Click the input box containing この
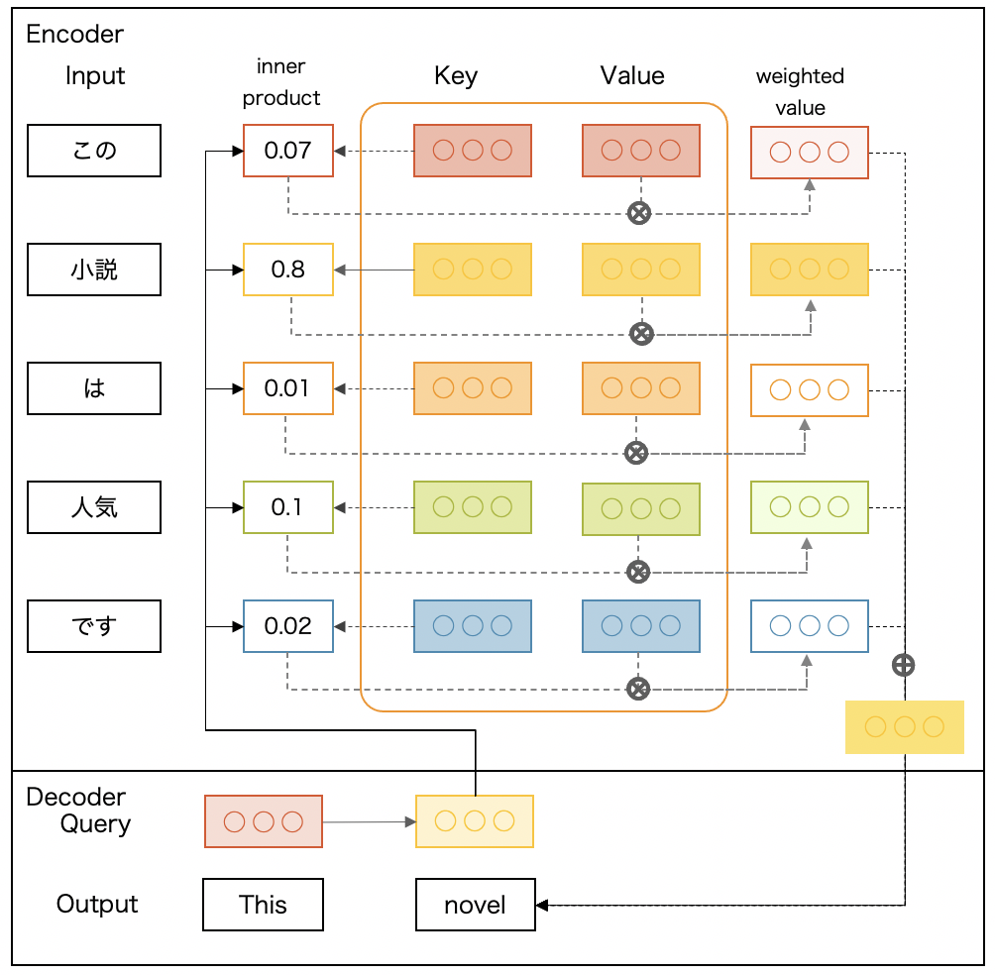(x=94, y=151)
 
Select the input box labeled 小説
(x=94, y=270)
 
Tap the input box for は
(x=94, y=388)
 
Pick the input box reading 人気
(x=94, y=507)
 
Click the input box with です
(x=94, y=626)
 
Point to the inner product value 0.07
(x=288, y=151)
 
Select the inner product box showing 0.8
(x=288, y=270)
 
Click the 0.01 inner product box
(x=288, y=388)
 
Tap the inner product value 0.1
(x=288, y=507)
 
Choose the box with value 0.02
(x=288, y=626)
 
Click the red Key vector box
(x=473, y=151)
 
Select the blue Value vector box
(x=641, y=626)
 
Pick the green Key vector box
(x=473, y=507)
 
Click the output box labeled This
(x=263, y=905)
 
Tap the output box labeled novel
(x=475, y=905)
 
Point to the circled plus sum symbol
(x=903, y=665)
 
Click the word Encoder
(x=75, y=34)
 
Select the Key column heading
(x=456, y=76)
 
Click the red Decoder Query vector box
(x=264, y=821)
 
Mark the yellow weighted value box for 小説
(x=810, y=270)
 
